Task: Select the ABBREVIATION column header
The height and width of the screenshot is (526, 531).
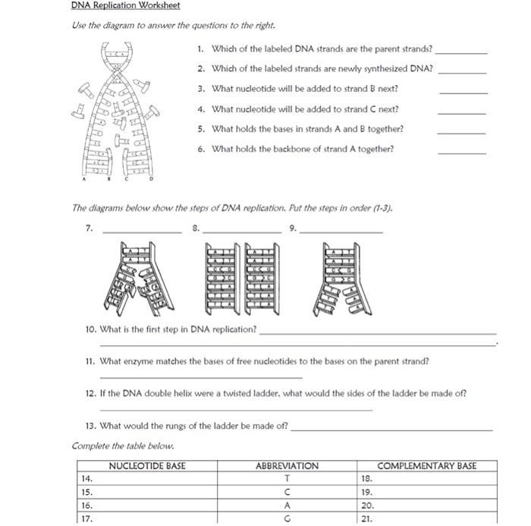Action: [287, 466]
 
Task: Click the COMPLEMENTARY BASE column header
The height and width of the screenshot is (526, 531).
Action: [427, 466]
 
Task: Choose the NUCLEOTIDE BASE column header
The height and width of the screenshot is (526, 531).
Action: [147, 466]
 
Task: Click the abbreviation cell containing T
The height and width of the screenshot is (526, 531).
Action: [287, 479]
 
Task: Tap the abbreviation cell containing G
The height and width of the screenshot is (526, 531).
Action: [287, 518]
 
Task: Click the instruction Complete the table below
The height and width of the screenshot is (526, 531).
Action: [122, 446]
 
